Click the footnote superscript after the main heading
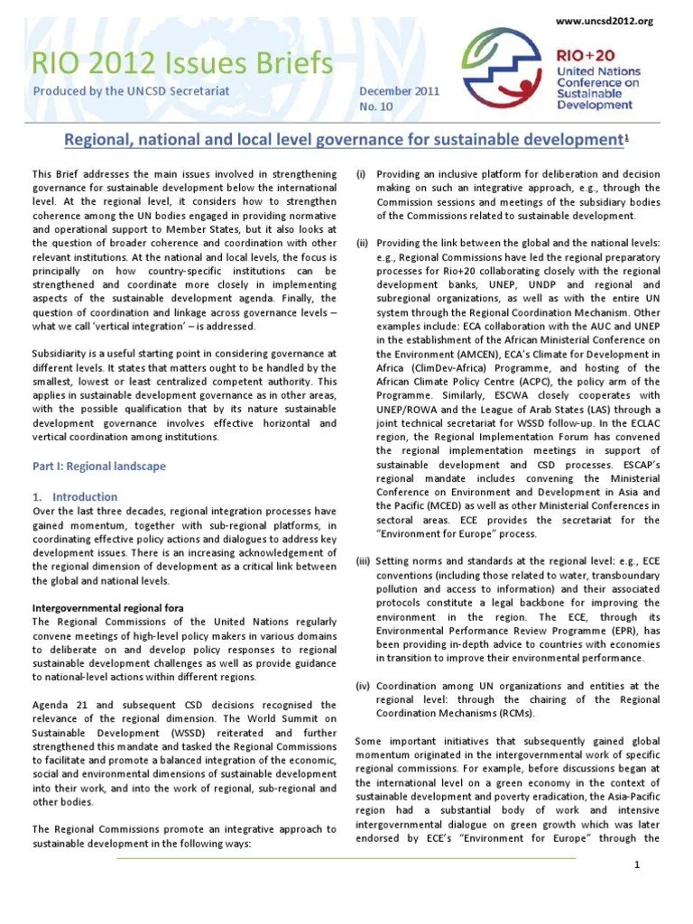(x=628, y=135)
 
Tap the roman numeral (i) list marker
(x=360, y=173)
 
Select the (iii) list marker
(x=363, y=560)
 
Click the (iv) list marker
(x=363, y=686)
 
